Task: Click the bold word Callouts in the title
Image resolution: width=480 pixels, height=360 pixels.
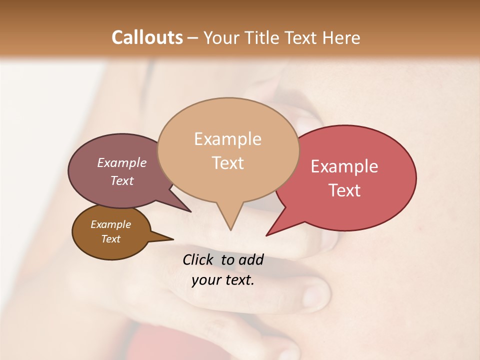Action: tap(147, 37)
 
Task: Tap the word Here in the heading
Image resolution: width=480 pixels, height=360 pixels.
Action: tap(342, 37)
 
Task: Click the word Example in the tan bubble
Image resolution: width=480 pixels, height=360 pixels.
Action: tap(227, 139)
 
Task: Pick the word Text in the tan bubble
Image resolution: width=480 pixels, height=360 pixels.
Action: tap(227, 163)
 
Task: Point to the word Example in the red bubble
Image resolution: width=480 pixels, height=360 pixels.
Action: tap(344, 166)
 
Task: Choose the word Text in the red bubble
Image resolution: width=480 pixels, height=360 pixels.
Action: tap(344, 190)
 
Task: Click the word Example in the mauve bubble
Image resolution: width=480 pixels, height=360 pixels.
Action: tap(122, 162)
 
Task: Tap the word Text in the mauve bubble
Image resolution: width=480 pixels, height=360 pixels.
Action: tap(122, 180)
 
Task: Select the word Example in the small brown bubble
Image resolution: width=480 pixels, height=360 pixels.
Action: tap(110, 224)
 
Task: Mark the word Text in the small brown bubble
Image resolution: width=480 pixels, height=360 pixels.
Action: tap(110, 239)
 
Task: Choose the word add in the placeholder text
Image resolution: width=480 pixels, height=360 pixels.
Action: tap(251, 259)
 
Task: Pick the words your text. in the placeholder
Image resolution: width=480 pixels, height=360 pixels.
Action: tap(223, 280)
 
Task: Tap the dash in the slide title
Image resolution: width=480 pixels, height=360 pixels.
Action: tap(193, 38)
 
